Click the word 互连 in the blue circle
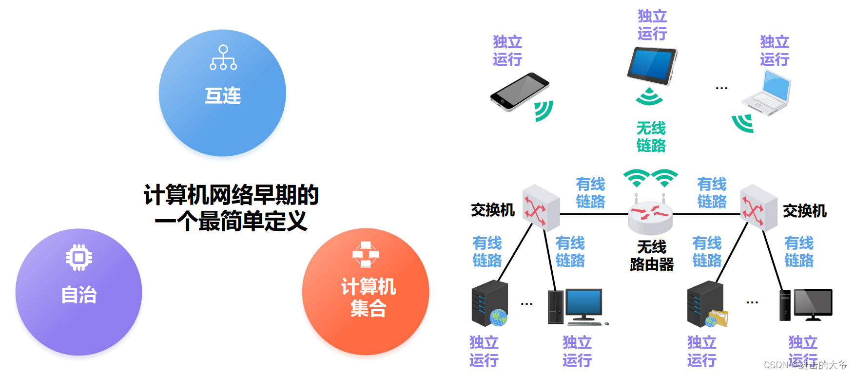pos(223,96)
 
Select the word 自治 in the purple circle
pos(79,295)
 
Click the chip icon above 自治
pos(79,257)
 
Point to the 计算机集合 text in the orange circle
pos(368,297)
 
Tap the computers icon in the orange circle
pos(366,254)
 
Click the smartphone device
pos(520,92)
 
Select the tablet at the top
pos(652,65)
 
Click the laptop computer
pos(767,93)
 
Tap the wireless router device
pos(650,217)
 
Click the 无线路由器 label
pos(652,256)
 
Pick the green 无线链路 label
pos(651,137)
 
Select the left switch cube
pos(541,207)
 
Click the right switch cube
pos(758,207)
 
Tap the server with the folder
pos(706,305)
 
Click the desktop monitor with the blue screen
pos(583,305)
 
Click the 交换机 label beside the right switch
pos(804,211)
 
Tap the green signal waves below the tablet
pos(649,97)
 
